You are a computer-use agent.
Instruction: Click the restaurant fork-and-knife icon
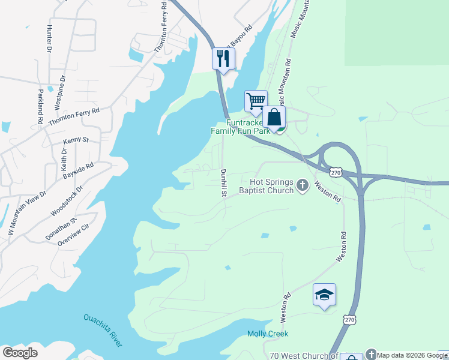(x=223, y=58)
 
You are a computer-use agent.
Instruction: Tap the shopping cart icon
(x=256, y=101)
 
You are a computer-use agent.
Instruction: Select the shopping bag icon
(x=274, y=117)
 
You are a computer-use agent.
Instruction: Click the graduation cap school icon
(x=324, y=295)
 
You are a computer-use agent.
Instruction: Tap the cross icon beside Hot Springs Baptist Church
(x=302, y=186)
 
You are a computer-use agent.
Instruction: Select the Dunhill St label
(x=223, y=182)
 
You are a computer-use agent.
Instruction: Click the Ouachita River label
(x=103, y=330)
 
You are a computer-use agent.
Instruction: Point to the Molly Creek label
(x=268, y=334)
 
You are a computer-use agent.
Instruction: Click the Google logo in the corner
(x=20, y=353)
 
